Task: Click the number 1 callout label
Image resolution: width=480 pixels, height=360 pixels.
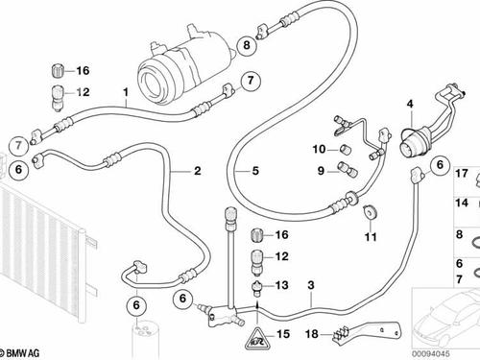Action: point(126,92)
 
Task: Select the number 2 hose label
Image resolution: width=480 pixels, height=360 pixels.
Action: point(198,171)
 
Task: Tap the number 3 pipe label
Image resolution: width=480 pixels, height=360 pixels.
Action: point(311,285)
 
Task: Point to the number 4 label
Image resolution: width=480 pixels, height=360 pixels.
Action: point(410,104)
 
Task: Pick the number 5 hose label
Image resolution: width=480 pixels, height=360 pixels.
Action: point(255,171)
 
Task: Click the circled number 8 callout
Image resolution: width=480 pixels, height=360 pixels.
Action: point(247,45)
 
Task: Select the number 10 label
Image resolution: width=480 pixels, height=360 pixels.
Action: point(319,149)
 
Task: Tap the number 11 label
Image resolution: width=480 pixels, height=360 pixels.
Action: point(371,237)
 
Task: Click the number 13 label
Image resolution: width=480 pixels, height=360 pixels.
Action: point(282,285)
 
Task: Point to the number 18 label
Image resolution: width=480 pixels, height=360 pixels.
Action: point(312,334)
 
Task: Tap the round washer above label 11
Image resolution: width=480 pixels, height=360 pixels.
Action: point(371,212)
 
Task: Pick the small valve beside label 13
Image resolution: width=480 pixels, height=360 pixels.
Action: point(257,288)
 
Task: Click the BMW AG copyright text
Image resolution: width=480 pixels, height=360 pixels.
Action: point(20,353)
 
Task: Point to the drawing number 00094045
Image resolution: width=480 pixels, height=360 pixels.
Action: point(430,354)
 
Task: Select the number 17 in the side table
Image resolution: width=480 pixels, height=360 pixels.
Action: point(462,174)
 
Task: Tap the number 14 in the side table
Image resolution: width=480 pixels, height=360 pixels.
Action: point(462,203)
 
